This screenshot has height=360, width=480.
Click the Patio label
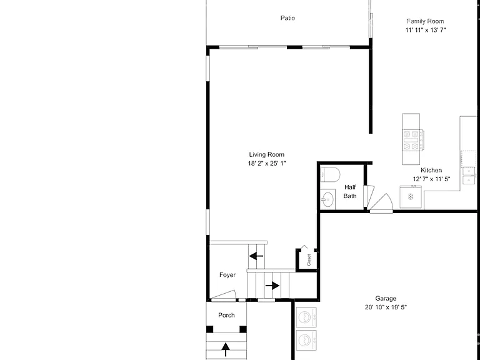[287, 18]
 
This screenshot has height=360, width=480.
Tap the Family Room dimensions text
[426, 30]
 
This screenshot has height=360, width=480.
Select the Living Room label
[267, 154]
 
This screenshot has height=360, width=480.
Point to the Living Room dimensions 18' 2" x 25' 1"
[267, 164]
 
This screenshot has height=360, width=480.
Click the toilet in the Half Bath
[330, 175]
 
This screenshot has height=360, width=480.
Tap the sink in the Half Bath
[327, 199]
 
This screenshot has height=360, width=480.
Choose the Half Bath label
[350, 192]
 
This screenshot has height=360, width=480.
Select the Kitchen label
[431, 170]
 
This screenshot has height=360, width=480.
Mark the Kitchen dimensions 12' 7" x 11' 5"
[431, 179]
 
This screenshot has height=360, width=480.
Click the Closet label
[309, 260]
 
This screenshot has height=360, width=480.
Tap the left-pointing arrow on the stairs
[256, 256]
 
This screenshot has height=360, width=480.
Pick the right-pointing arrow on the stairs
[272, 286]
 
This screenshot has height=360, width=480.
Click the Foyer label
[227, 275]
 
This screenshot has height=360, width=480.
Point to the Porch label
[226, 315]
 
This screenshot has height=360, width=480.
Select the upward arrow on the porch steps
[226, 349]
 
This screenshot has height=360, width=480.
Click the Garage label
[386, 299]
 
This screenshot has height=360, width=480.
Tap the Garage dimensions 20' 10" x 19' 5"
[386, 307]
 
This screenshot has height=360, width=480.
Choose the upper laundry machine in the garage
[306, 317]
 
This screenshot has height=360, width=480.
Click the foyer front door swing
[224, 296]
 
